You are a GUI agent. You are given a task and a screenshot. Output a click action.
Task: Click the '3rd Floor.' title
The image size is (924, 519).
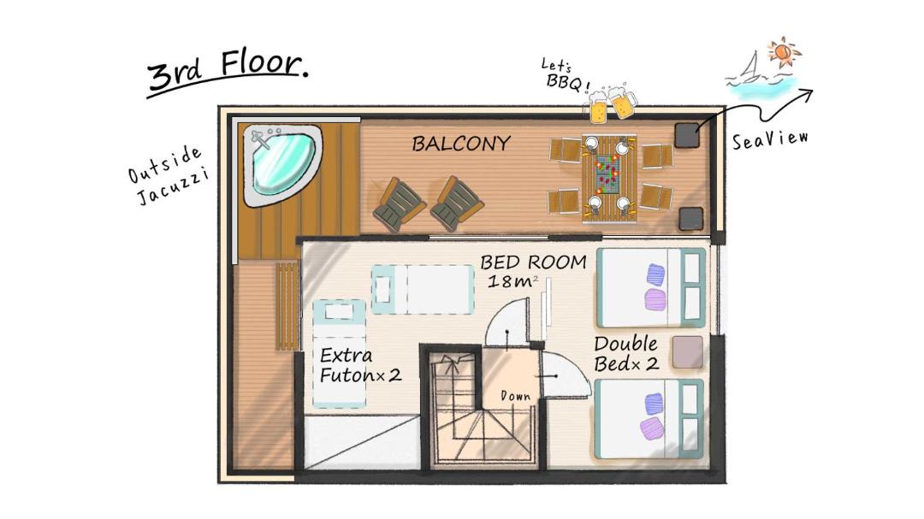228,71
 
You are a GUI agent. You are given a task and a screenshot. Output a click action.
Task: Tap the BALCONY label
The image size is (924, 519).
461,144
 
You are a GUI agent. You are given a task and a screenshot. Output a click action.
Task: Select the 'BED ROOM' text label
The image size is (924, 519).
533,262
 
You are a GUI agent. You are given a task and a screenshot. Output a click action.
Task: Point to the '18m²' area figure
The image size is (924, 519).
512,281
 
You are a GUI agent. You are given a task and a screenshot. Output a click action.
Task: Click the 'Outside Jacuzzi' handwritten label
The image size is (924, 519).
168,175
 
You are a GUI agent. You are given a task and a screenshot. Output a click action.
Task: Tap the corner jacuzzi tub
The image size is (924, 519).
281,164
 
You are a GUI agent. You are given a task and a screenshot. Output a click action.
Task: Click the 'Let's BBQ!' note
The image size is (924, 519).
566,75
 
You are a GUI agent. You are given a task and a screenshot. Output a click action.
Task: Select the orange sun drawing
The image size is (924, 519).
784,52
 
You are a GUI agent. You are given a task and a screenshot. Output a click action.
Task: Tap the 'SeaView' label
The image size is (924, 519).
770,140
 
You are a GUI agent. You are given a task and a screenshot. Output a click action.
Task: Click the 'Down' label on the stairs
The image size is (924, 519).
515,397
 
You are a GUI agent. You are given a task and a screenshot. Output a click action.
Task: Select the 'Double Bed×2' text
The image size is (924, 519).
625,353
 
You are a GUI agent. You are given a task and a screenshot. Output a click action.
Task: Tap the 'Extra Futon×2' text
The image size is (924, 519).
360,365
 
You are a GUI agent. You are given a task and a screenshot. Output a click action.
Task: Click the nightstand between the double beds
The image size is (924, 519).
688,352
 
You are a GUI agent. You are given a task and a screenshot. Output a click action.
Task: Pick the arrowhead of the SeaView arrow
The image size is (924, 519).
806,94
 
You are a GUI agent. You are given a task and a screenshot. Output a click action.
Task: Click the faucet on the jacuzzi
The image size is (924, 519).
260,139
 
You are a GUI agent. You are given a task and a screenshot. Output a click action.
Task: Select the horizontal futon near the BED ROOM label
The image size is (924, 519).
423,289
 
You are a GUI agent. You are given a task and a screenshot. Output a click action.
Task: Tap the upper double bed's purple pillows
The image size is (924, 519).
655,287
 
